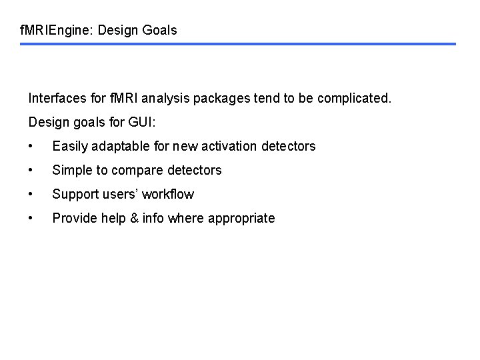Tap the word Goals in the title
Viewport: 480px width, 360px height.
(161, 31)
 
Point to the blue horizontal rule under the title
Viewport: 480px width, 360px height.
(238, 44)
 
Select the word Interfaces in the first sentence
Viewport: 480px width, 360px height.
(58, 99)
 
